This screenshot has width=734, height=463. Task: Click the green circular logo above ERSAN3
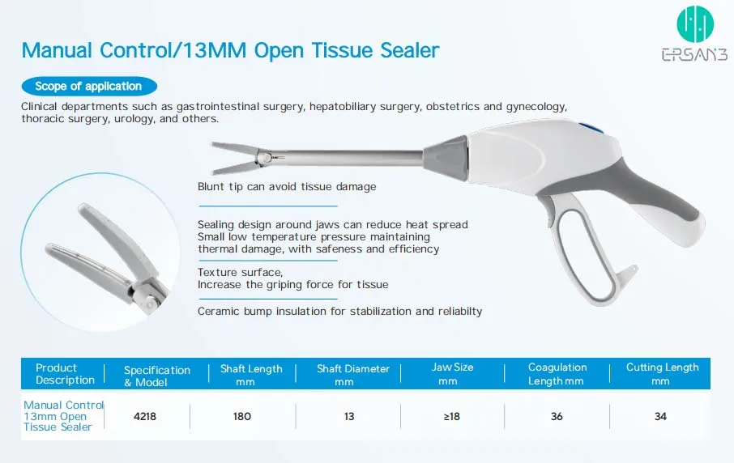point(695,23)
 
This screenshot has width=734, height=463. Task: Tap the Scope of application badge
point(89,86)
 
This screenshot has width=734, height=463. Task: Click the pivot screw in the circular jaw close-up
point(149,304)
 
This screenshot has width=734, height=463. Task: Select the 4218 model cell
point(145,416)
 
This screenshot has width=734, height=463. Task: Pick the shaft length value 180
point(242,416)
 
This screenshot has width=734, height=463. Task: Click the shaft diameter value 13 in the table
point(349,416)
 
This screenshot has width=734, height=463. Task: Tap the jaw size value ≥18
point(452,416)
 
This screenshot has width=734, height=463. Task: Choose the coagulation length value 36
point(557,416)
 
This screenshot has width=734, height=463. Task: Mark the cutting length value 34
point(660,416)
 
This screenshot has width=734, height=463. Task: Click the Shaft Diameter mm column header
point(353,375)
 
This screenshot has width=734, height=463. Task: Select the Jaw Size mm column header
point(452,374)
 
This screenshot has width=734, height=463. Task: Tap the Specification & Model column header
point(157,376)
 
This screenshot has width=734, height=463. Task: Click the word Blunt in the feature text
point(211,187)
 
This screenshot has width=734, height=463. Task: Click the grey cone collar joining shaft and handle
point(446,158)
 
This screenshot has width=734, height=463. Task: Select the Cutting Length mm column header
point(662,374)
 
